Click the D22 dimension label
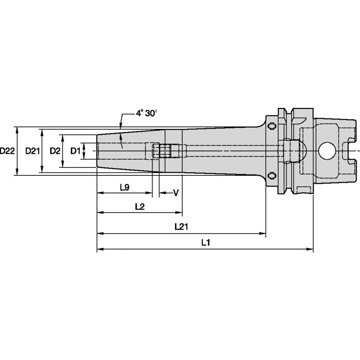tap(8, 151)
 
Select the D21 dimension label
tap(32, 151)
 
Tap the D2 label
tap(55, 151)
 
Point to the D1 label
tap(75, 151)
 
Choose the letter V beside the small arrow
tap(176, 193)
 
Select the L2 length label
tap(140, 207)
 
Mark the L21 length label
tap(181, 227)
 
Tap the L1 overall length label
tap(205, 243)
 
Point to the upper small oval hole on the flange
tap(272, 126)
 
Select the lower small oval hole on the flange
tap(272, 176)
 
